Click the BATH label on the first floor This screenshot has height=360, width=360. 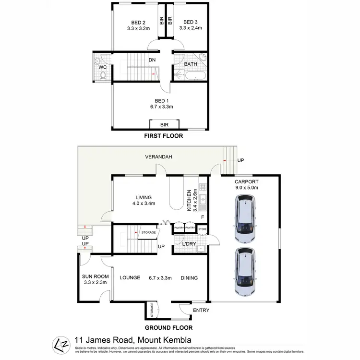click(191, 63)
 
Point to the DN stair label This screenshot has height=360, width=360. click(152, 60)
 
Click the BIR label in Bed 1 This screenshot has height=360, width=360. click(165, 124)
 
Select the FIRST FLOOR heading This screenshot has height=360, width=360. click(164, 136)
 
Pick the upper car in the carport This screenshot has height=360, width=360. click(245, 221)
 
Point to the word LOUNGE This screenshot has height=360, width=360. click(130, 277)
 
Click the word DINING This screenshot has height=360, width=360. click(189, 277)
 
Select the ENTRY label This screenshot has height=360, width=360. click(201, 310)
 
